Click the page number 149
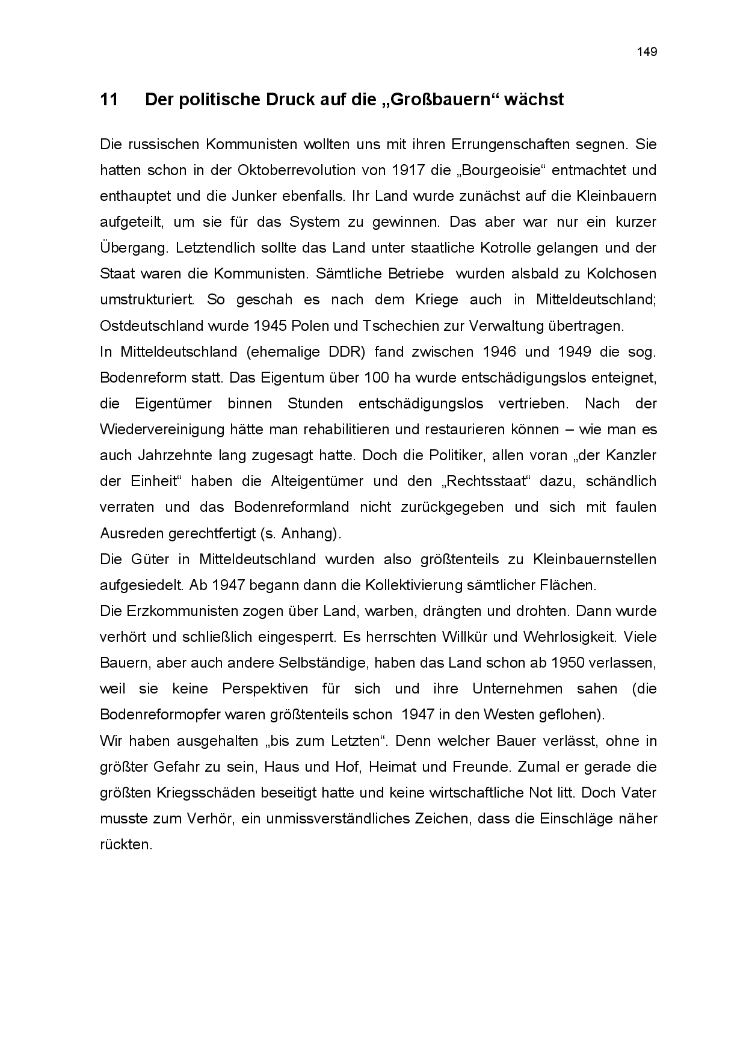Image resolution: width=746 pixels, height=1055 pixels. pyautogui.click(x=647, y=52)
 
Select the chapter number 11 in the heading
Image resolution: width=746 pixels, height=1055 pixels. pyautogui.click(x=109, y=100)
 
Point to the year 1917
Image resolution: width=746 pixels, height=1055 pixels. pyautogui.click(x=408, y=170)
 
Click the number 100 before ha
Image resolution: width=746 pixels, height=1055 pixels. pyautogui.click(x=378, y=378)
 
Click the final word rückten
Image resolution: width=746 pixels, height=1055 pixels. pyautogui.click(x=126, y=844)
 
